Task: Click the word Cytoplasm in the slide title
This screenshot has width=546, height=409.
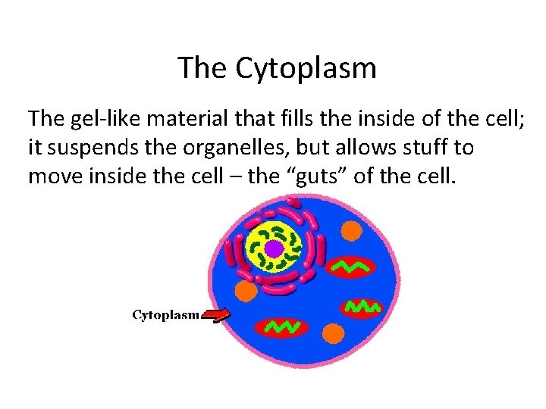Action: tap(306, 68)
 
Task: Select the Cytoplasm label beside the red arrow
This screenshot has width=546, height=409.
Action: tap(166, 314)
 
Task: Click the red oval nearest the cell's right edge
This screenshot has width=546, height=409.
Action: tap(363, 307)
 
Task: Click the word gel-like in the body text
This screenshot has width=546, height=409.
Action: tap(102, 119)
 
